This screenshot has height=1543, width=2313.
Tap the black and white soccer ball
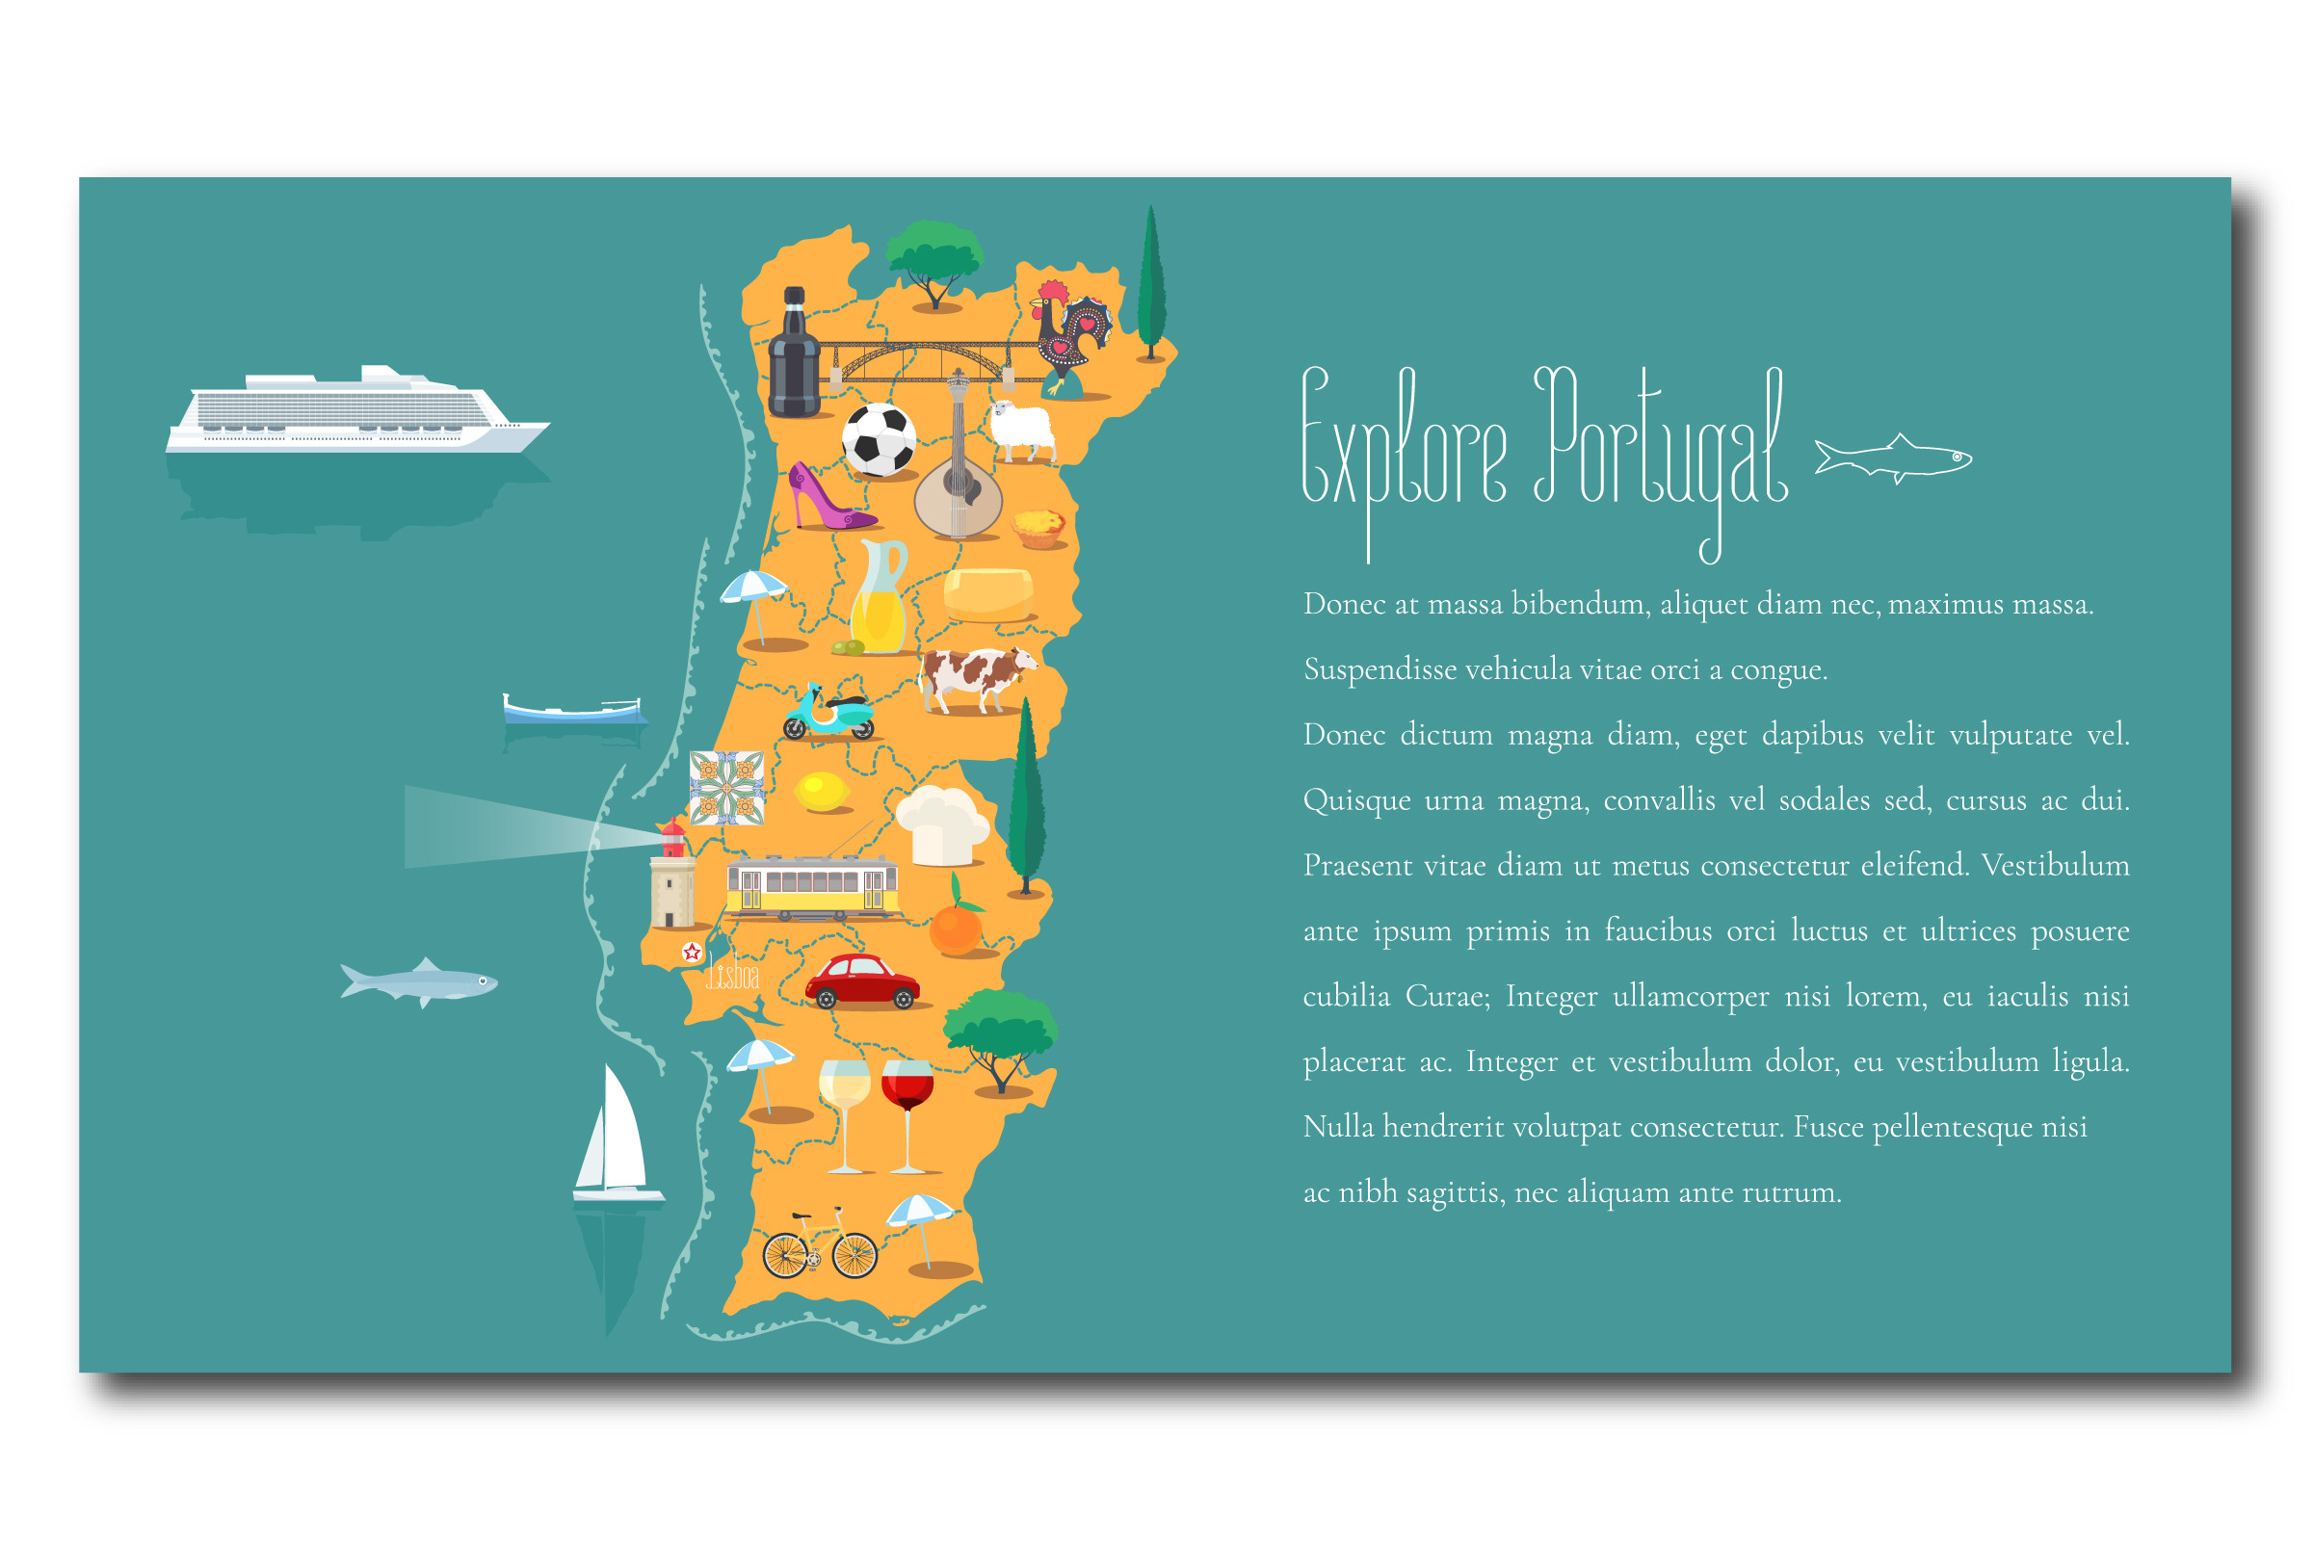879,439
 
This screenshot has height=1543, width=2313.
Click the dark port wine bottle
793,356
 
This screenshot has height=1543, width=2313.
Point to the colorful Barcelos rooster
1071,334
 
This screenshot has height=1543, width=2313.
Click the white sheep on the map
1024,430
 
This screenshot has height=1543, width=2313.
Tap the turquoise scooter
828,713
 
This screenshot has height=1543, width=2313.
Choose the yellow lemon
821,790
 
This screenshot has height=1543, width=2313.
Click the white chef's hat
941,824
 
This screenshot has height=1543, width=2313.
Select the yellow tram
812,888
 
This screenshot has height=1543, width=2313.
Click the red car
862,981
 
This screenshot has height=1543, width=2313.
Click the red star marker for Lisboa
692,952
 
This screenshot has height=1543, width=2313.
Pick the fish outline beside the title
1893,458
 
